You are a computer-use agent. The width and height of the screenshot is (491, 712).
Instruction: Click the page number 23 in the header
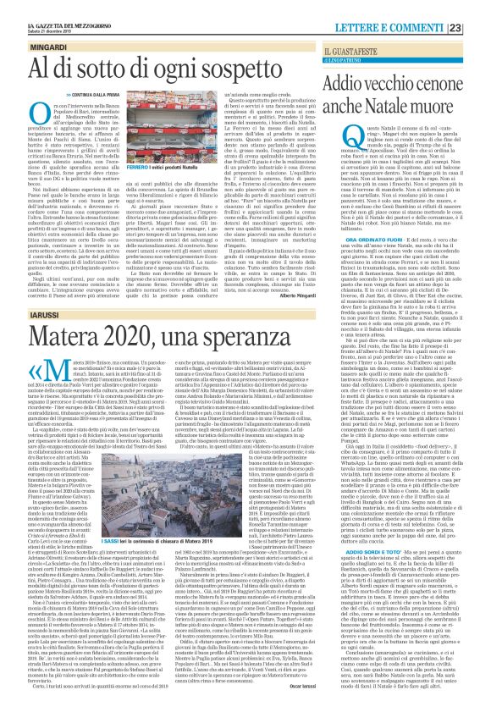point(479,8)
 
